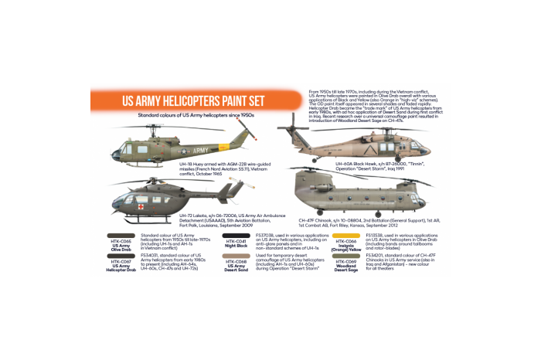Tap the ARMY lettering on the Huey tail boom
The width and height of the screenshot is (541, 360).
click(x=200, y=151)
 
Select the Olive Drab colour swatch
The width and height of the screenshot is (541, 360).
click(x=121, y=235)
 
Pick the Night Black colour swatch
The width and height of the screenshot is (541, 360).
click(x=235, y=235)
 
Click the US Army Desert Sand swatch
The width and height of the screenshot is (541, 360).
click(x=235, y=256)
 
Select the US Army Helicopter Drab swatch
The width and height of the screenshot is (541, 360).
click(x=121, y=256)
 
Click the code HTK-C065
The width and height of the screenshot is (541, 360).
click(x=121, y=241)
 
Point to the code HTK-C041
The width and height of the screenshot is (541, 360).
click(x=235, y=241)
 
